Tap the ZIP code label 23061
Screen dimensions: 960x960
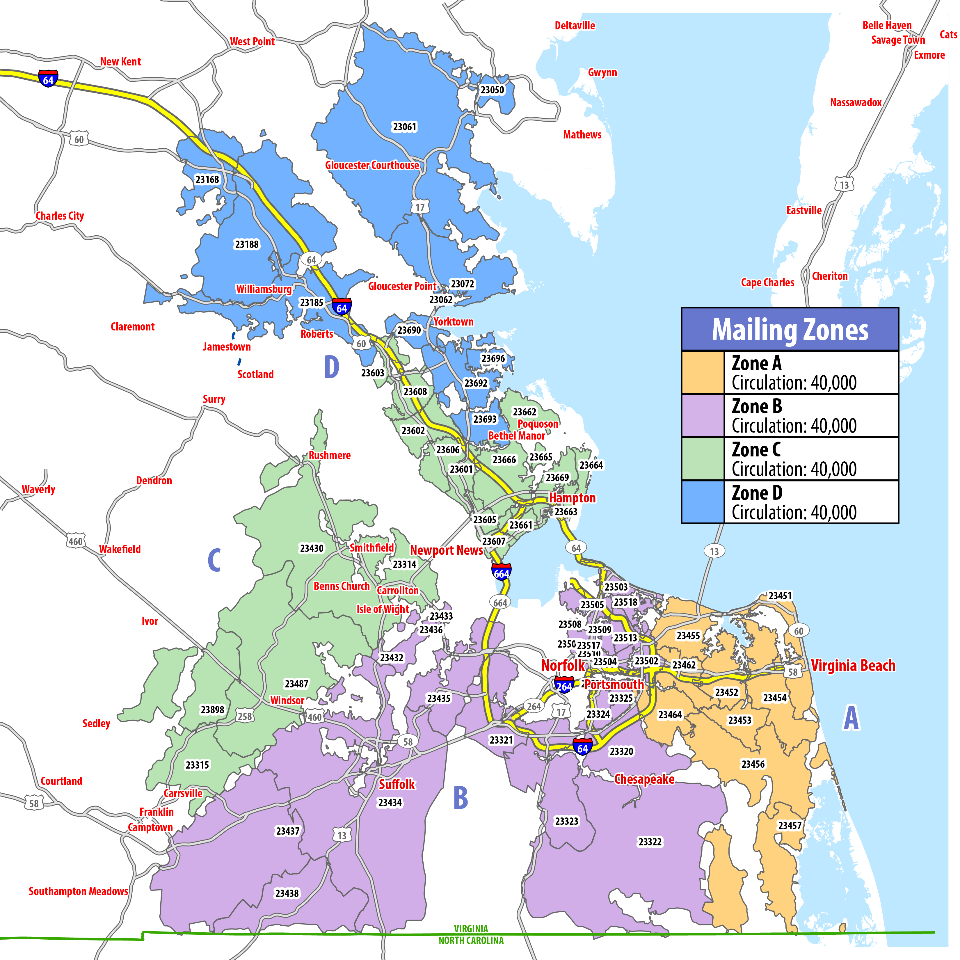click(404, 127)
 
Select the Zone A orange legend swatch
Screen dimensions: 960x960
click(703, 372)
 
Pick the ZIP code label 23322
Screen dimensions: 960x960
click(650, 842)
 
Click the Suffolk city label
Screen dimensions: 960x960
click(397, 784)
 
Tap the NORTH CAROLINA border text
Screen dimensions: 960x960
click(471, 940)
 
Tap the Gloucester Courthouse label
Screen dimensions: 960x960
click(372, 165)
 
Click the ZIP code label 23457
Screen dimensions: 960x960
click(790, 825)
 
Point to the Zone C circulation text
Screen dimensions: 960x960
click(794, 469)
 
